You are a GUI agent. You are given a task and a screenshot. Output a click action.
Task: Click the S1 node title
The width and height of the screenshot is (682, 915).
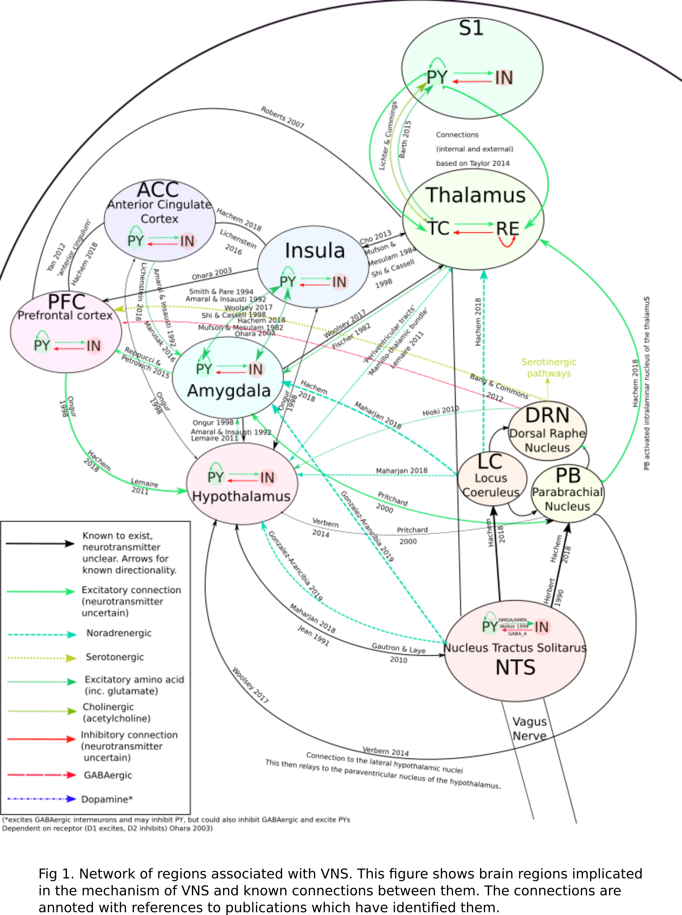coord(471,28)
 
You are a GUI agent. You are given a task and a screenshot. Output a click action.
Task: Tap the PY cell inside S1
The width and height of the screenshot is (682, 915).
coord(437,77)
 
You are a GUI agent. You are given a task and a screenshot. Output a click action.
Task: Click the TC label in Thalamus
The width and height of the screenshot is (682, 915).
coord(438,228)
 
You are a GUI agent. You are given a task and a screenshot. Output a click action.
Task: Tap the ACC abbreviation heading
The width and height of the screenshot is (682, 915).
coord(158,190)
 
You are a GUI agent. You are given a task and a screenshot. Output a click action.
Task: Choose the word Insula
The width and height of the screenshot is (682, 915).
coord(315,250)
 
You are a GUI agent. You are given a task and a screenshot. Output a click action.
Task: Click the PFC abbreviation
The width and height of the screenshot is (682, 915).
coord(67,302)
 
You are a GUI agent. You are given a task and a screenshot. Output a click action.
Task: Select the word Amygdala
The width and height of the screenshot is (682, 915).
coord(229,390)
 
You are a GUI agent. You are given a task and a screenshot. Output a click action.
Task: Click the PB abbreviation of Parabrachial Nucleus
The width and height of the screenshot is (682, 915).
coord(568,476)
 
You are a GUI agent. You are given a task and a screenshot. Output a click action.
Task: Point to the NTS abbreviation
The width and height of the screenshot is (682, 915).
coord(515,667)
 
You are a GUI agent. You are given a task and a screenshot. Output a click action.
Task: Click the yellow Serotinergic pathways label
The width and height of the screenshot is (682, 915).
coord(549,368)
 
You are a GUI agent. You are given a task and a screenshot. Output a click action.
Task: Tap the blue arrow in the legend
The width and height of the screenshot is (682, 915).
coord(41,799)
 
